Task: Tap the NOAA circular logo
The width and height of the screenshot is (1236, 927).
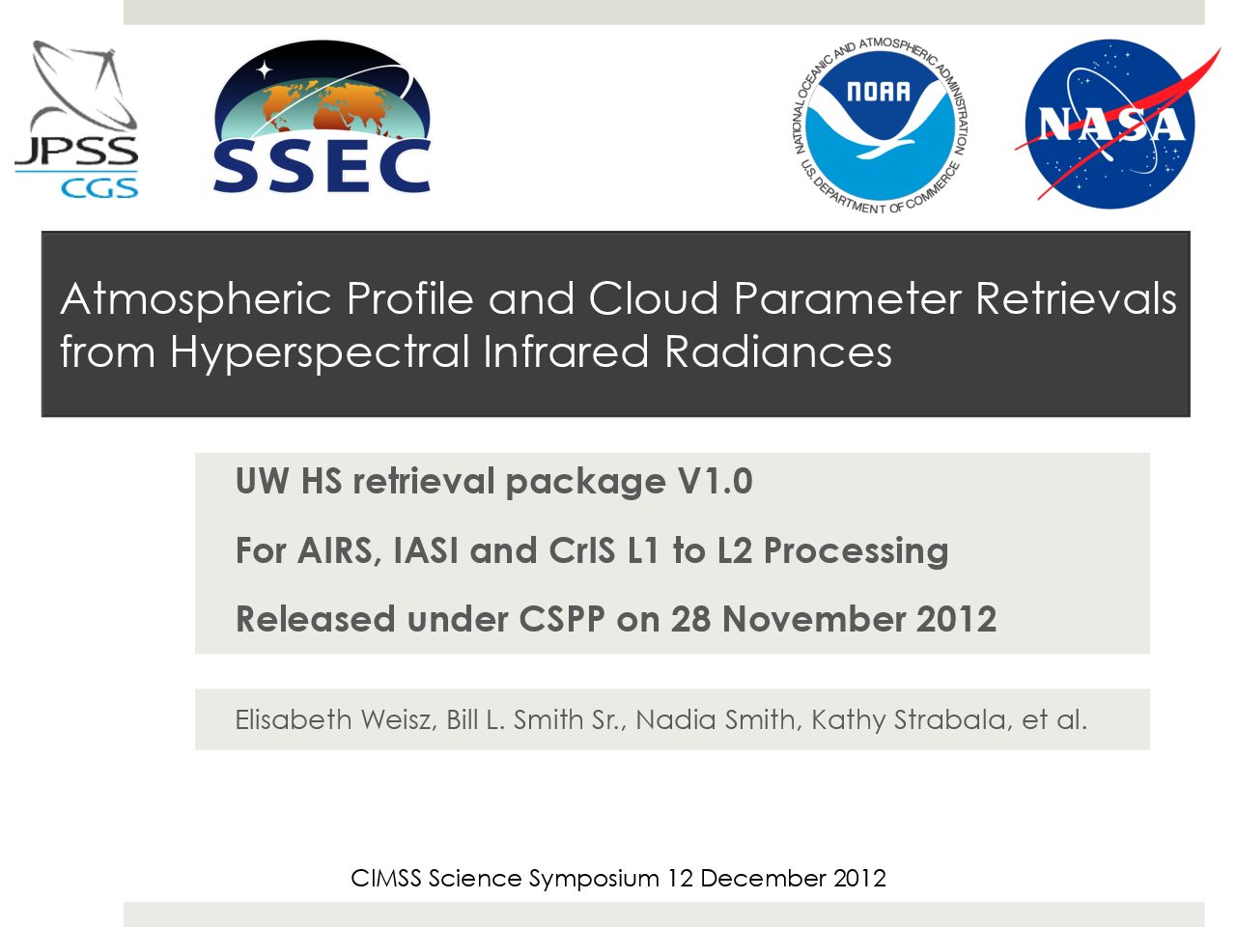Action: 880,126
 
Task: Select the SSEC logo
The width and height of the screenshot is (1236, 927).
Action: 322,117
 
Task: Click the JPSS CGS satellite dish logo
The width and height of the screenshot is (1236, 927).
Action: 76,120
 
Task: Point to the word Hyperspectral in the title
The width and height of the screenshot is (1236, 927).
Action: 320,352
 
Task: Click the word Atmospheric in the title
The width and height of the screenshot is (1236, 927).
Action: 195,300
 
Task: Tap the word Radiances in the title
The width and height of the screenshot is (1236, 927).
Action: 777,351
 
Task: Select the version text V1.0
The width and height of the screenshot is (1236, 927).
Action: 715,481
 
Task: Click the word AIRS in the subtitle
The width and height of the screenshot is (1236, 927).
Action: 335,551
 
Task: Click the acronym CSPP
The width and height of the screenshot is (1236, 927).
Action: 561,619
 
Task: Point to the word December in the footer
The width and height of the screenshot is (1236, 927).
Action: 763,878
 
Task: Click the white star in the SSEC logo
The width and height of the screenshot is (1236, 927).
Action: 264,70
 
